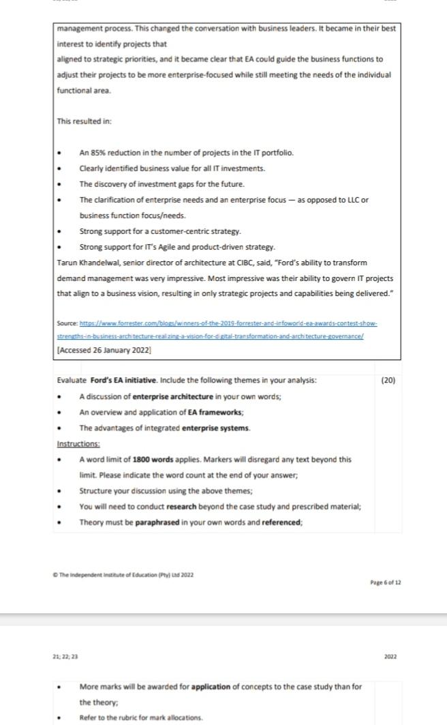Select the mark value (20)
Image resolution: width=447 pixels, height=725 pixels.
click(388, 380)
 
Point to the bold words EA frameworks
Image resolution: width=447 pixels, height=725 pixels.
click(217, 412)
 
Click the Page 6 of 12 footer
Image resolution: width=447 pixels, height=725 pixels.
click(386, 582)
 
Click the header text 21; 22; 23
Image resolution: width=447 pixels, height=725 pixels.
click(65, 656)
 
